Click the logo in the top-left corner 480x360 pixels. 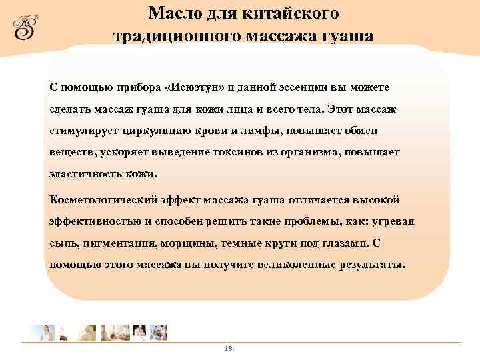[27, 26]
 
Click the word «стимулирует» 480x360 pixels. [81, 130]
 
